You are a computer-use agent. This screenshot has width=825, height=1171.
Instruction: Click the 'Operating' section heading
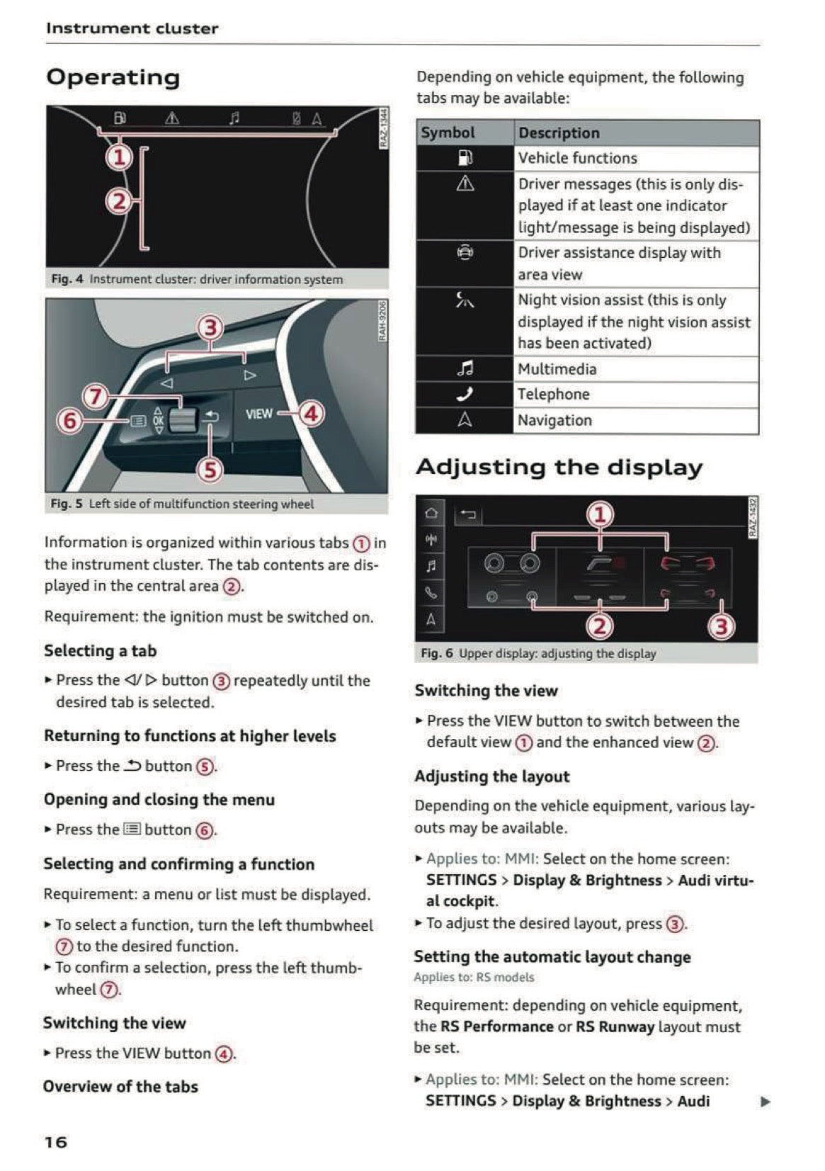(113, 77)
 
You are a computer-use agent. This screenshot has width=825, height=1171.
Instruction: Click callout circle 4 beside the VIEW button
(312, 413)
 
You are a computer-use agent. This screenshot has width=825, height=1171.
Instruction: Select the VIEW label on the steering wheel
(258, 414)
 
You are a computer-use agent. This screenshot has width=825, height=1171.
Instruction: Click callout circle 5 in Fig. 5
(210, 470)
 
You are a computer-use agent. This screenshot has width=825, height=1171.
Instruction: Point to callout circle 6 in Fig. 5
(69, 421)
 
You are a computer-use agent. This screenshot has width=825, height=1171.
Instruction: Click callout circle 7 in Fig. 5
(96, 395)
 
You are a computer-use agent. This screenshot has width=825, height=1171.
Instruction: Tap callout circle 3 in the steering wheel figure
(210, 327)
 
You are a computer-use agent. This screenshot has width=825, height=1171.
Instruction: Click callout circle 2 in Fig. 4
(119, 202)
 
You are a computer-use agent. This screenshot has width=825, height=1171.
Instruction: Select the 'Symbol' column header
(448, 132)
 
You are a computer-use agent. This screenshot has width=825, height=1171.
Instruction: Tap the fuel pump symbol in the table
(465, 158)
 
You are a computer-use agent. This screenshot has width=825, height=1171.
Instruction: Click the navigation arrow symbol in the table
(465, 420)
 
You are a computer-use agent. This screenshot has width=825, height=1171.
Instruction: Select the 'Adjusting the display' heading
(559, 467)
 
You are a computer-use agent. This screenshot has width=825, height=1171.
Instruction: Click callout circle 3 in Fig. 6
(721, 626)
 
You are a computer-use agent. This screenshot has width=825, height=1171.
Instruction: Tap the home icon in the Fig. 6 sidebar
(431, 513)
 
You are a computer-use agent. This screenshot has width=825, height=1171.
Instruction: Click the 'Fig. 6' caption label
(436, 653)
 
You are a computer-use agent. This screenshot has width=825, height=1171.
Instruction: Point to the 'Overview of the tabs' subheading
(120, 1086)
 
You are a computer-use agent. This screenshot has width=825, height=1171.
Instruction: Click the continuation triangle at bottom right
(765, 1102)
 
